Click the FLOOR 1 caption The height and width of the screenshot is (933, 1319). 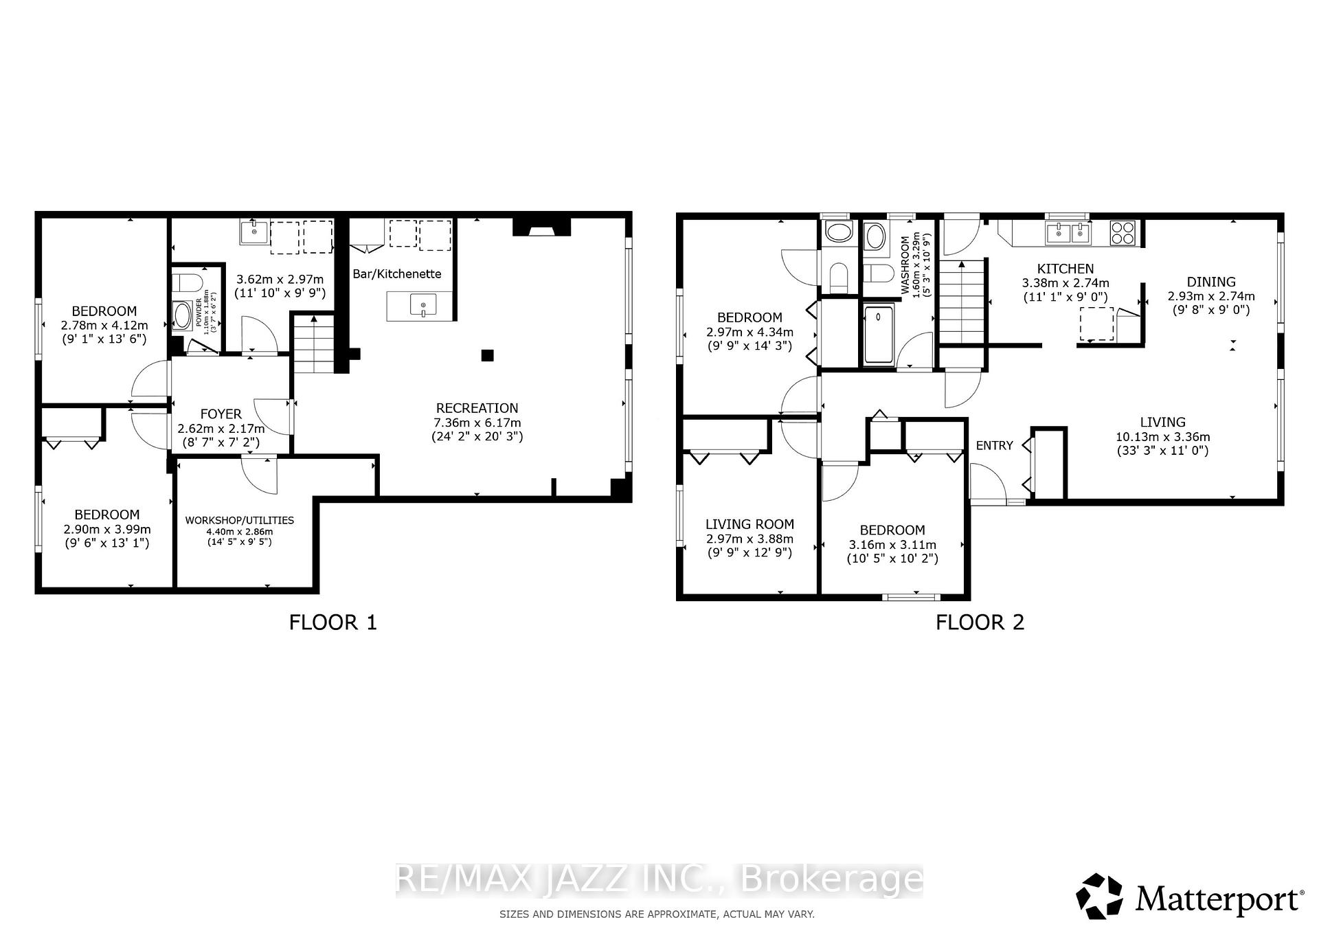[x=333, y=622]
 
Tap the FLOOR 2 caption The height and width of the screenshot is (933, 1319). [x=980, y=622]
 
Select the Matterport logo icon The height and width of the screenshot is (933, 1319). [x=1099, y=896]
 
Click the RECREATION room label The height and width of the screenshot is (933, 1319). [x=477, y=408]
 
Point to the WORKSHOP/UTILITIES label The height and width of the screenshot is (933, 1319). [x=239, y=520]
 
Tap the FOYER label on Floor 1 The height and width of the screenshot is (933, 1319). [x=221, y=414]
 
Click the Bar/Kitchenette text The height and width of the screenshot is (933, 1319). [x=397, y=273]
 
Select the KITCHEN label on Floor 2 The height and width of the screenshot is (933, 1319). [x=1066, y=269]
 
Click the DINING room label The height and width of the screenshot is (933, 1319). [x=1211, y=282]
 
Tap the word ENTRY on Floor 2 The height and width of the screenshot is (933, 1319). [x=994, y=445]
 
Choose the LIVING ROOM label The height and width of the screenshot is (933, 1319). [x=749, y=524]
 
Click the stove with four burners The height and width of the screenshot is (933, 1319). [x=1123, y=233]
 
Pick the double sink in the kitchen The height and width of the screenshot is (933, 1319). [x=1068, y=234]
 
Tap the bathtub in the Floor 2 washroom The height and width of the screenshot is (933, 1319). [x=879, y=335]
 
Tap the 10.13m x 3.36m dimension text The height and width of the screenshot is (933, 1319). [x=1162, y=436]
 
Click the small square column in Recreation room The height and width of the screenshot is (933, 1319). [x=487, y=355]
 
